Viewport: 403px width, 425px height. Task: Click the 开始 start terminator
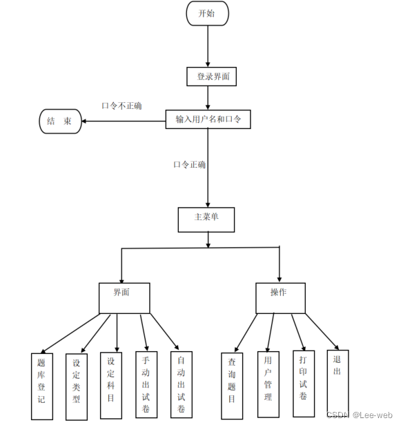207,14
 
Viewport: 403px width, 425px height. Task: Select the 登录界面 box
211,77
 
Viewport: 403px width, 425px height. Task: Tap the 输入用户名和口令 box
208,119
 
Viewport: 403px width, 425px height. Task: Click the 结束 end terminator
60,121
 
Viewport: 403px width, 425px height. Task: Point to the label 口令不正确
121,106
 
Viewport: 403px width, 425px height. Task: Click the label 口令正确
190,164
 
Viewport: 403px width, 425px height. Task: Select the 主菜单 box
206,220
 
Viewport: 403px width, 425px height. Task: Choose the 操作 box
280,298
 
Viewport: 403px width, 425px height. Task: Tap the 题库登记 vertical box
42,386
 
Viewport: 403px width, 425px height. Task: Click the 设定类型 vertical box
77,387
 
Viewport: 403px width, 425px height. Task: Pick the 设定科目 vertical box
111,386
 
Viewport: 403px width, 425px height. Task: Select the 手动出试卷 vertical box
146,384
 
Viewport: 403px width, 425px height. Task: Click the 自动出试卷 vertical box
181,384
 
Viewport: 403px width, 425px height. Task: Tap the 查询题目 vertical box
232,386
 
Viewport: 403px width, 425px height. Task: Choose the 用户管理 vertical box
268,384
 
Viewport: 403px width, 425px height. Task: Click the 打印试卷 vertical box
304,384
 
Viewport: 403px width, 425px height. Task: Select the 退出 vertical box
337,383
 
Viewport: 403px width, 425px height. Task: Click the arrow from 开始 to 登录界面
208,46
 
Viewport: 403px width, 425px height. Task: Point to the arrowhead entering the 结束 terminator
83,121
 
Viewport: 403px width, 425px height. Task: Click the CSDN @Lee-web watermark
360,415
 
